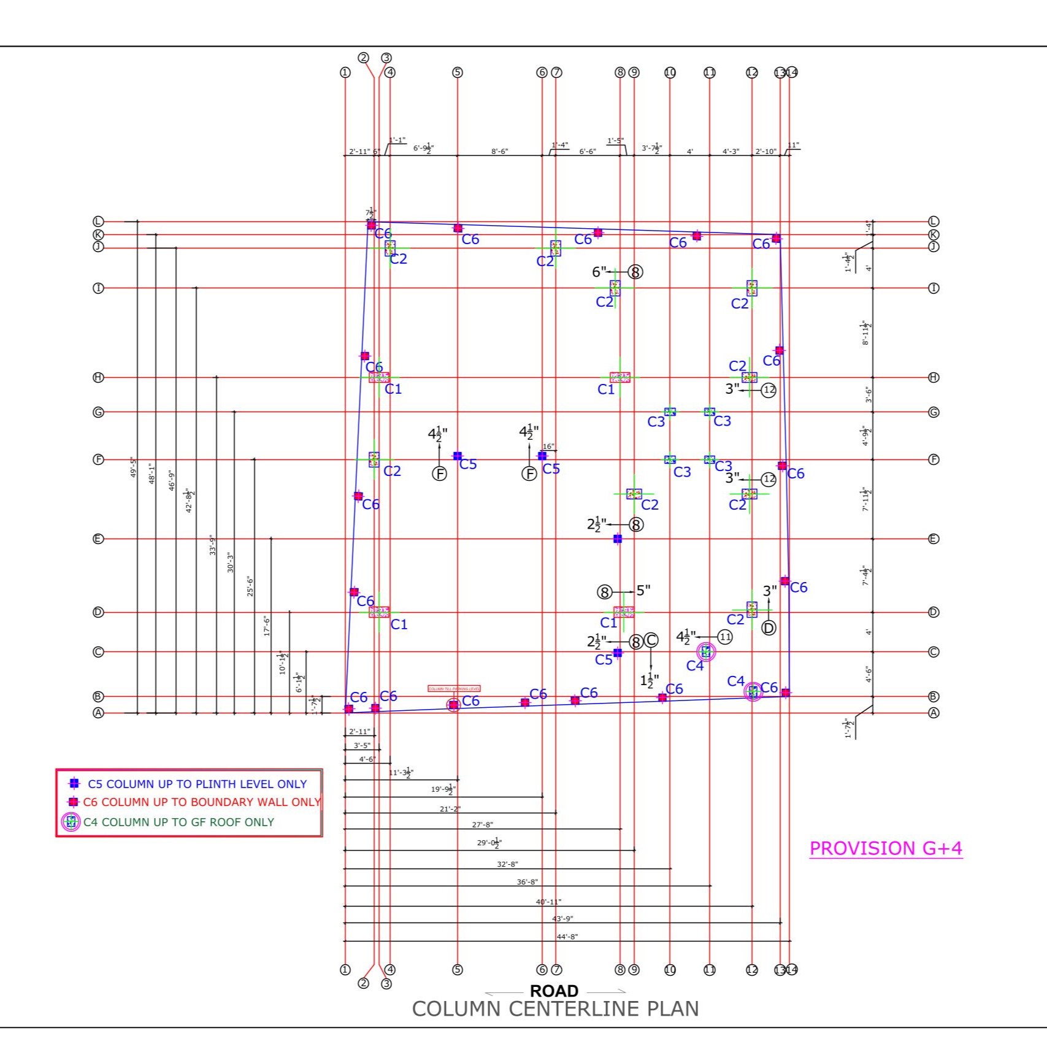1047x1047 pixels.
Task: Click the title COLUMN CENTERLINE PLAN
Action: [x=555, y=1009]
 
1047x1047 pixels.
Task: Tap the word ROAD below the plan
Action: [x=554, y=991]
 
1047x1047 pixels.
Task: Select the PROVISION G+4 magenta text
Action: [x=886, y=848]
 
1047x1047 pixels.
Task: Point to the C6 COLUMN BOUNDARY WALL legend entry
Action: [x=201, y=802]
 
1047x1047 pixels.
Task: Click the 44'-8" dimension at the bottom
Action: [x=567, y=937]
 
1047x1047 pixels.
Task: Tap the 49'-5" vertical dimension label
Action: [x=133, y=467]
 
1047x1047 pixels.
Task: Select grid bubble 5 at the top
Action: [x=457, y=72]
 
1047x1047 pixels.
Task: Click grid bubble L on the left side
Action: [x=98, y=221]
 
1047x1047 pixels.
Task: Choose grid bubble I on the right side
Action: [x=934, y=288]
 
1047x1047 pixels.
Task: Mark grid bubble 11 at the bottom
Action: [x=710, y=970]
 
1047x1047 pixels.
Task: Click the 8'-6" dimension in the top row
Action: [x=499, y=151]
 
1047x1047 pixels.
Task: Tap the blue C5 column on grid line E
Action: [x=618, y=539]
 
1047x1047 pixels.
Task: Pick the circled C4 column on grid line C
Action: [x=706, y=652]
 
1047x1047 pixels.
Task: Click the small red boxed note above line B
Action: [x=454, y=689]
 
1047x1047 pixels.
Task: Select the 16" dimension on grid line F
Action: [x=548, y=447]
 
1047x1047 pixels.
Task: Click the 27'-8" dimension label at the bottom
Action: [x=482, y=825]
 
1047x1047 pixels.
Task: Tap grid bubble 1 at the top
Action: [x=345, y=72]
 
